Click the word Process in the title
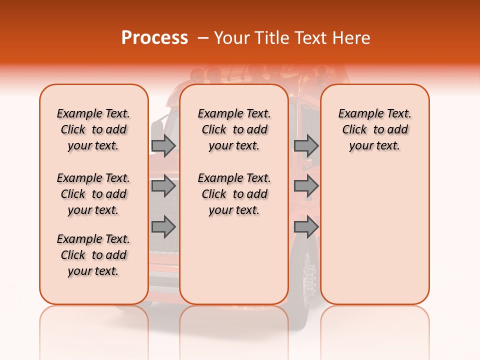coord(154,38)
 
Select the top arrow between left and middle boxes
coord(163,145)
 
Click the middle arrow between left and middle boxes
coord(163,186)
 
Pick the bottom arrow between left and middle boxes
coord(163,226)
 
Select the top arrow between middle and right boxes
coord(306,145)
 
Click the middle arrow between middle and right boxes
coord(306,186)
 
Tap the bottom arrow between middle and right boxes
coord(306,226)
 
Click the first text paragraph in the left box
coord(93,129)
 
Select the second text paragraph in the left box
coord(93,194)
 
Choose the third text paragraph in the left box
coord(93,255)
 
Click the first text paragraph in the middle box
coord(234,129)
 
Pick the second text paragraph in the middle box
coord(234,194)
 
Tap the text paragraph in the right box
coord(374,129)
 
